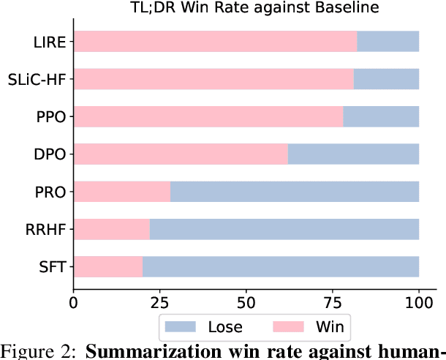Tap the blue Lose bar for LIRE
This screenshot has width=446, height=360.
[x=388, y=42]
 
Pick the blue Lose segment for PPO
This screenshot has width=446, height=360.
[x=381, y=116]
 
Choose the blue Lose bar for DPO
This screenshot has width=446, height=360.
[x=353, y=154]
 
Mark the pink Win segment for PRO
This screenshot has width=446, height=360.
[x=122, y=192]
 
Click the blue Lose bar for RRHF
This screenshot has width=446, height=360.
[x=284, y=229]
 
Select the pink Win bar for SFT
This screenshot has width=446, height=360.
[x=108, y=266]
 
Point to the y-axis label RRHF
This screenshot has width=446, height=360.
[x=48, y=229]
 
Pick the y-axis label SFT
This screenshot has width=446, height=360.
[x=54, y=266]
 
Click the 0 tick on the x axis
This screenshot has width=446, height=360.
[x=74, y=301]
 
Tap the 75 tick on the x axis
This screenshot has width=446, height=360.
[x=333, y=301]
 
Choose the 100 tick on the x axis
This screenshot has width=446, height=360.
[x=419, y=301]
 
